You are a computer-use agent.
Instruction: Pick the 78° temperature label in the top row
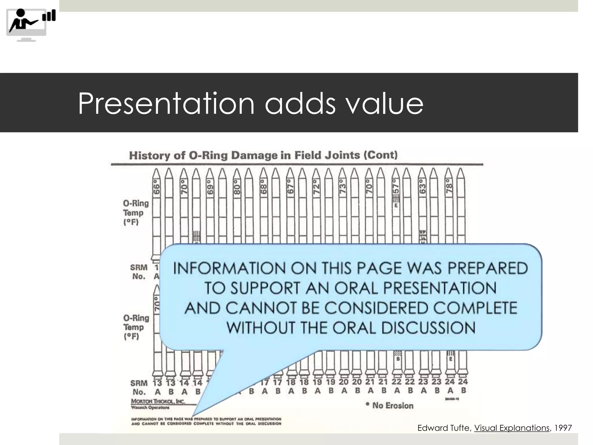[449, 186]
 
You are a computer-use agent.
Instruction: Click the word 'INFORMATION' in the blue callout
[229, 268]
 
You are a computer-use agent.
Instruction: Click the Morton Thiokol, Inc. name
[158, 402]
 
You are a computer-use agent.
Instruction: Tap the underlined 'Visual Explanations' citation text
[511, 428]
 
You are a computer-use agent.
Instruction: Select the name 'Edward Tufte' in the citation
[444, 428]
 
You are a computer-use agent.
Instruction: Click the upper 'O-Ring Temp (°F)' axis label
[136, 213]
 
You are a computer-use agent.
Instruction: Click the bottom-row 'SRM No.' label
[139, 387]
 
